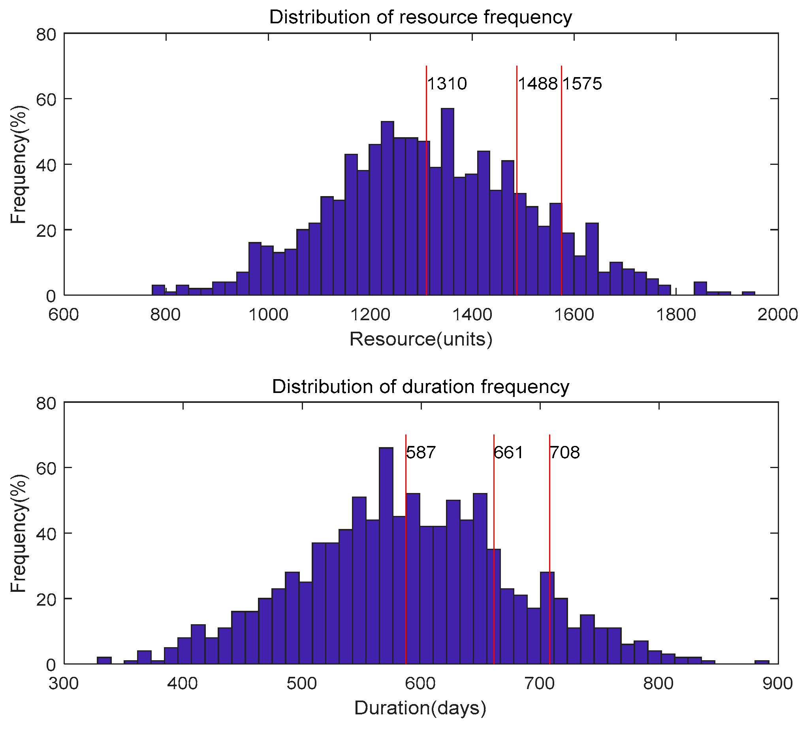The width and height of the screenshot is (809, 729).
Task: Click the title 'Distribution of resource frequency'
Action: coord(420,17)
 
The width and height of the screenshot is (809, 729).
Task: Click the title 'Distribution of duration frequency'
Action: coord(420,387)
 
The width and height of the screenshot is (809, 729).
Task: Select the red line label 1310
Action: coord(447,84)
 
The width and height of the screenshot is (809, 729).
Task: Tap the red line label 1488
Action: coord(538,84)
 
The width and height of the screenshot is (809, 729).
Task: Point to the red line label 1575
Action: coord(582,84)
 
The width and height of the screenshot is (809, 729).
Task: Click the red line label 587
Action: coord(421,453)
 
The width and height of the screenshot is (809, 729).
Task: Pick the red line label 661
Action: coord(508,453)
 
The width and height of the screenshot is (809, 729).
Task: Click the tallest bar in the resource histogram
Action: coord(447,200)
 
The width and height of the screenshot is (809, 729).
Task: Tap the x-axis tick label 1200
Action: coord(370,314)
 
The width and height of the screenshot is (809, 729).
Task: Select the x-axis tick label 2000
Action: coord(778,314)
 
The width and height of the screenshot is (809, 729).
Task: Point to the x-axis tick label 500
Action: coord(302,683)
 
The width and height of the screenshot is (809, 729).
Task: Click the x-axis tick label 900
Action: coord(778,683)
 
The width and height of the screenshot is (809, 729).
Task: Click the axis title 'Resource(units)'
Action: coord(421,339)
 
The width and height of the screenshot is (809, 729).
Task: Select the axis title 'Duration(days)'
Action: coord(420,708)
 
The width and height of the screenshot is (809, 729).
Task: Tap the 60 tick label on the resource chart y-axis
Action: coord(46,99)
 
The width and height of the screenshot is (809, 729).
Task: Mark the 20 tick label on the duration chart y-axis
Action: coord(46,599)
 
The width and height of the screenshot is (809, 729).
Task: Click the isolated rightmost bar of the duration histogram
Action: coord(761,662)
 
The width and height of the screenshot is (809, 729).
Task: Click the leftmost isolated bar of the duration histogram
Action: coord(104,661)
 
